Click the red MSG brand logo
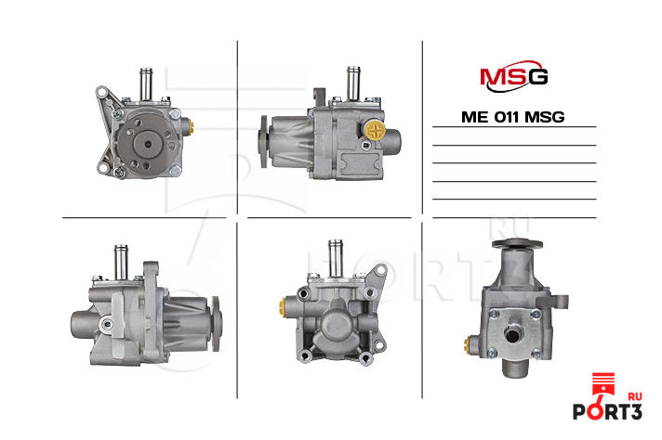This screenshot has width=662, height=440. coord(514,76)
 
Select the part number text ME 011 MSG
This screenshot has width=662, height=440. coord(513,117)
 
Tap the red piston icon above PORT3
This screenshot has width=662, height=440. coord(602,383)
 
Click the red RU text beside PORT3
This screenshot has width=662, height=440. coord(635,396)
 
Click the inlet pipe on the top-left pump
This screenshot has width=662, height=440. coord(146,84)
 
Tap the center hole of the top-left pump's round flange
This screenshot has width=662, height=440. coord(148,144)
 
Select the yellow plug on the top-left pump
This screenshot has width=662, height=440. coord(192,125)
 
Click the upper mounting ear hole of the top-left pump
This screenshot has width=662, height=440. coord(102,92)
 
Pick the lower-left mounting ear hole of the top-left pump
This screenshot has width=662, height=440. coord(102,168)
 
